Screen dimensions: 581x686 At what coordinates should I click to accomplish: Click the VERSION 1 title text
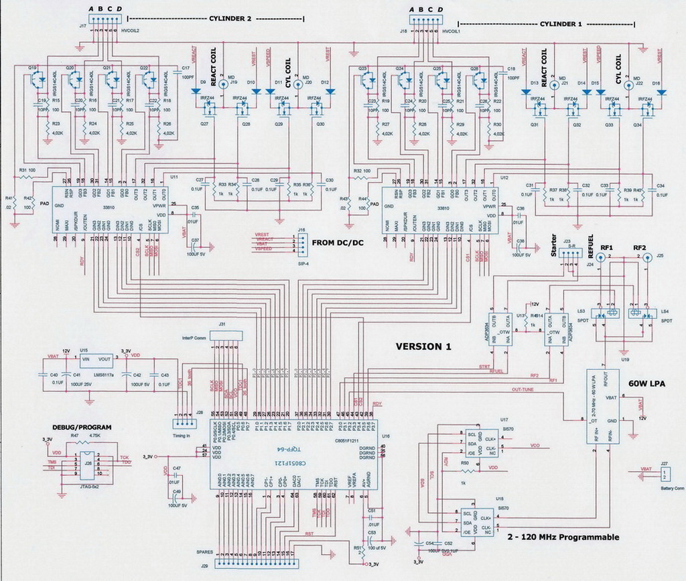coord(423,347)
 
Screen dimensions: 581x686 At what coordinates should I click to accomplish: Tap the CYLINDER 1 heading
coord(561,23)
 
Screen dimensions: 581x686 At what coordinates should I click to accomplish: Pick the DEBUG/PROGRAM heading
coord(82,427)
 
